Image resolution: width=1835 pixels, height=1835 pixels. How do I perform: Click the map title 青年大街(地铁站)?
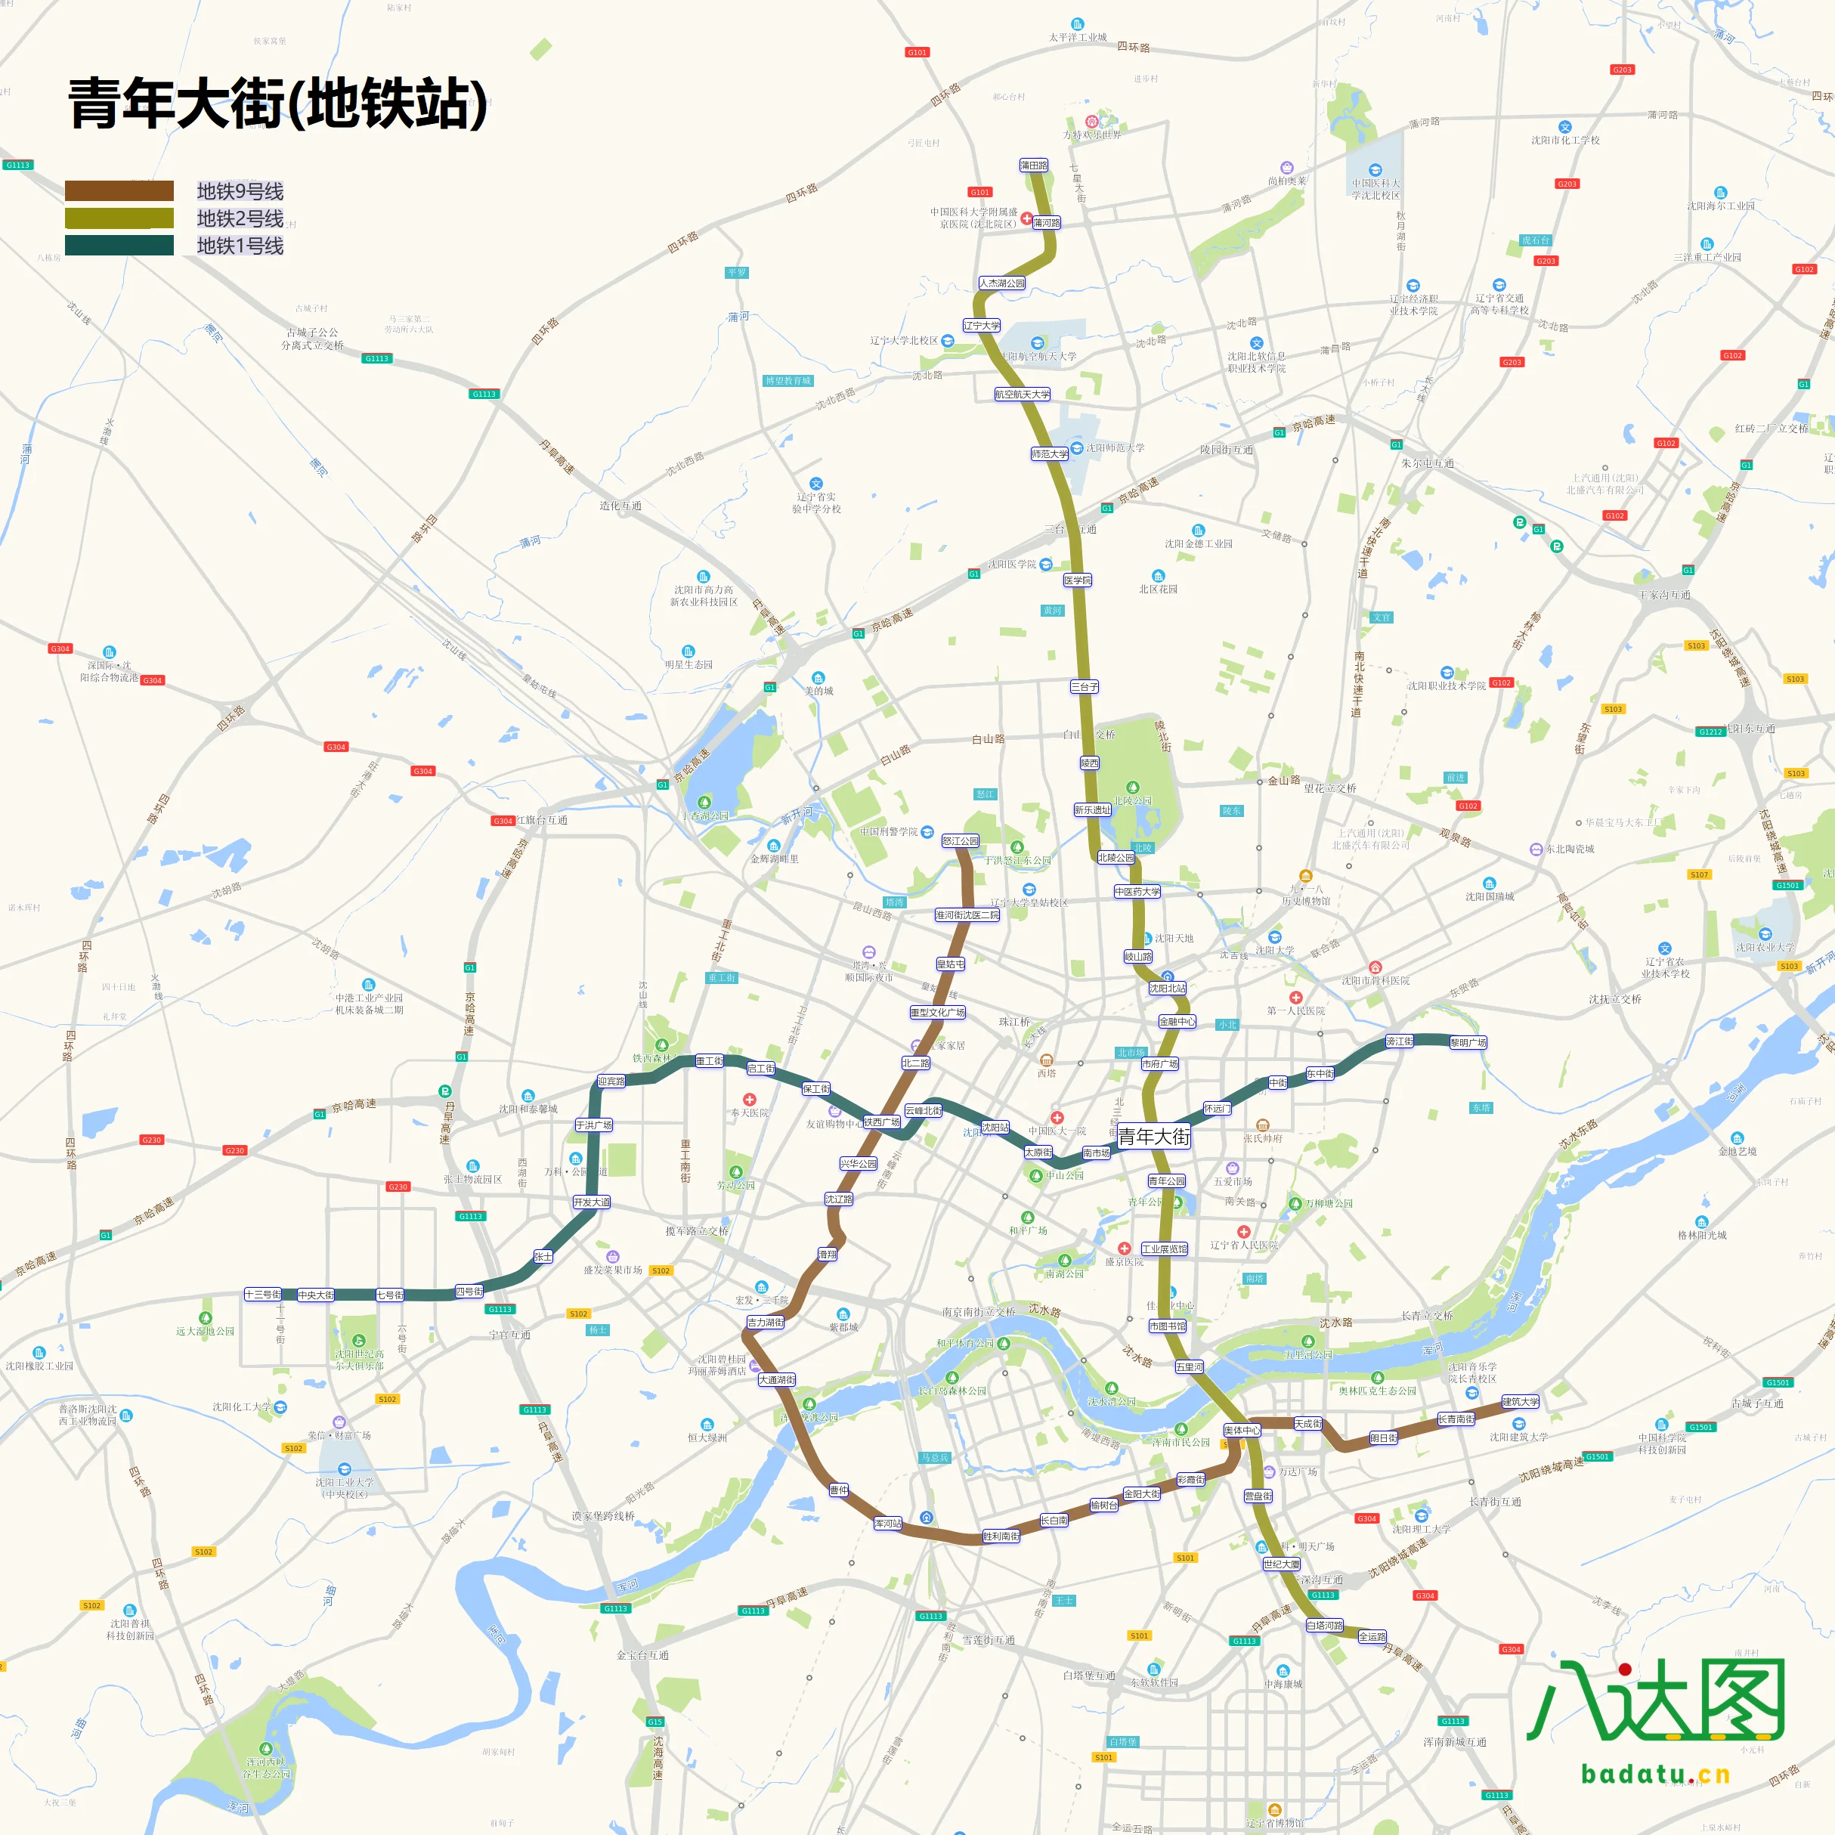(277, 104)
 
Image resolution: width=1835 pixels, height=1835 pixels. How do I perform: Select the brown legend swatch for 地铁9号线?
(119, 191)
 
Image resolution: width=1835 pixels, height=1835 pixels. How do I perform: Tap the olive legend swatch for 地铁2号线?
(119, 218)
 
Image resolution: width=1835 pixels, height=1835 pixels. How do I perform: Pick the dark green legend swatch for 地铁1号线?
(119, 246)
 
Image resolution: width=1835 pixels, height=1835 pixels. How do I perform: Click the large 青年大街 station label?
(1153, 1137)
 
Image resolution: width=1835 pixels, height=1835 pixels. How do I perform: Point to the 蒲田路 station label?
(1035, 166)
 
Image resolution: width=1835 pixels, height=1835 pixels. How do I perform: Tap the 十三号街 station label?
(262, 1295)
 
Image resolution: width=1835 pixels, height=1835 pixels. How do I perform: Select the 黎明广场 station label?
(1468, 1043)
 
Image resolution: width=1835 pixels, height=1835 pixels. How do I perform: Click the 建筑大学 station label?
(1521, 1402)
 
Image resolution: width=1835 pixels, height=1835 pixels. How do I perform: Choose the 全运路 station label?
(1372, 1636)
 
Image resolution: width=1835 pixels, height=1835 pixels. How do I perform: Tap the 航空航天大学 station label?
(1022, 395)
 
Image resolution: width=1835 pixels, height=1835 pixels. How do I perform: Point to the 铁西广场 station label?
(881, 1122)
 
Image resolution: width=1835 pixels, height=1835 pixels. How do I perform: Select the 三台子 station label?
(1085, 685)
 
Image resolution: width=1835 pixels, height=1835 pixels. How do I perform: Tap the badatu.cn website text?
(1655, 1773)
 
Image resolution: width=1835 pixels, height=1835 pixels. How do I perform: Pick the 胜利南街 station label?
(1001, 1536)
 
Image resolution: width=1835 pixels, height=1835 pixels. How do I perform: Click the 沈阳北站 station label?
(1168, 989)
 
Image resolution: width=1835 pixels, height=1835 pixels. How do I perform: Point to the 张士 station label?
(543, 1255)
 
